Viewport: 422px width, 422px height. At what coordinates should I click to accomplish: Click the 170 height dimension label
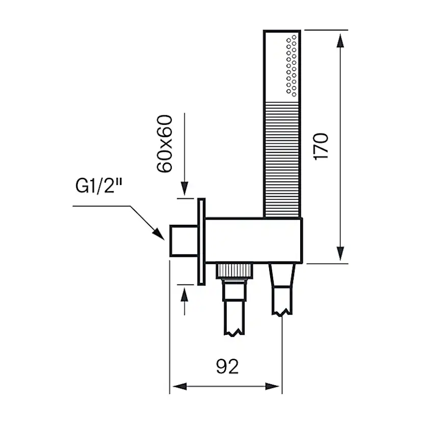322,147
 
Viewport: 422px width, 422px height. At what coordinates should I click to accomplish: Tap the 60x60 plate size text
164,144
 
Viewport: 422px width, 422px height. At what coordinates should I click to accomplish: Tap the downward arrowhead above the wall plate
184,189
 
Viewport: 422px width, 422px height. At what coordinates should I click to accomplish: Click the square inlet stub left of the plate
181,241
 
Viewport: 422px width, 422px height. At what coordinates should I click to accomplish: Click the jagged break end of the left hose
235,331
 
